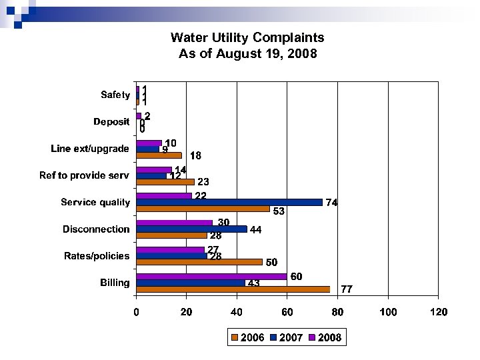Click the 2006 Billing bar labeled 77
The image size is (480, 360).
click(x=233, y=289)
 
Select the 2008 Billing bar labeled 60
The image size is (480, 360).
click(x=211, y=276)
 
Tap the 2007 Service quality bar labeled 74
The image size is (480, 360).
click(x=229, y=202)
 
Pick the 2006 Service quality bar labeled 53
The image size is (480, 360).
click(x=203, y=209)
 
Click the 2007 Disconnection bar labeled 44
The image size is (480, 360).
click(x=191, y=229)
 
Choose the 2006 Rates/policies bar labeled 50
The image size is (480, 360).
click(x=199, y=262)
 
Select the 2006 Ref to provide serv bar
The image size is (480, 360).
click(x=165, y=181)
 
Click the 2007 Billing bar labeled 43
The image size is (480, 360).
click(x=190, y=283)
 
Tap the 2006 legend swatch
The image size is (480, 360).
click(x=235, y=338)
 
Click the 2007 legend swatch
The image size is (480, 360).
click(x=274, y=338)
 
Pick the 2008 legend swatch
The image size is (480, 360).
click(x=313, y=338)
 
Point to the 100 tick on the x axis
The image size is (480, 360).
click(x=388, y=311)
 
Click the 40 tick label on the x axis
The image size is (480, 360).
click(x=237, y=311)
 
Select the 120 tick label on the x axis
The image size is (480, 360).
click(x=438, y=311)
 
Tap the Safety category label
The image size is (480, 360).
click(x=115, y=95)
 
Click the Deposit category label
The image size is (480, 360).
click(x=111, y=122)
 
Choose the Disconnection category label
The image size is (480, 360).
click(x=96, y=229)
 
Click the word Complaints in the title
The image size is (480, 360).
click(x=289, y=37)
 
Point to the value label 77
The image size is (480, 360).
click(x=347, y=289)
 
